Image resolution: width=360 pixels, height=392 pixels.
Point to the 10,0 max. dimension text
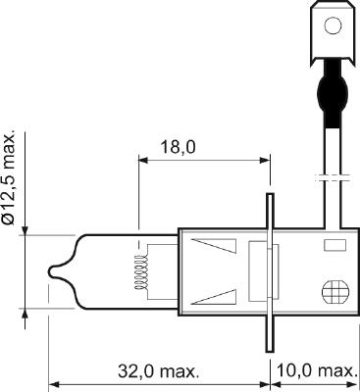[x=315, y=371]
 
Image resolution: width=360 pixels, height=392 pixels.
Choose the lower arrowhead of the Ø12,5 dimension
[x=24, y=314]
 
